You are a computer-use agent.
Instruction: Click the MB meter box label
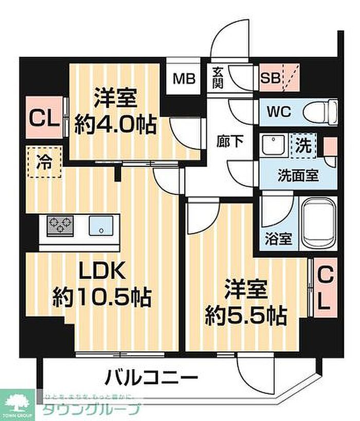point(183,79)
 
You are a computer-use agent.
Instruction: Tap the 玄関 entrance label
point(216,78)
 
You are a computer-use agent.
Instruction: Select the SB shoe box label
point(270,79)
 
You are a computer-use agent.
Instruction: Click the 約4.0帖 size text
point(115,124)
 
